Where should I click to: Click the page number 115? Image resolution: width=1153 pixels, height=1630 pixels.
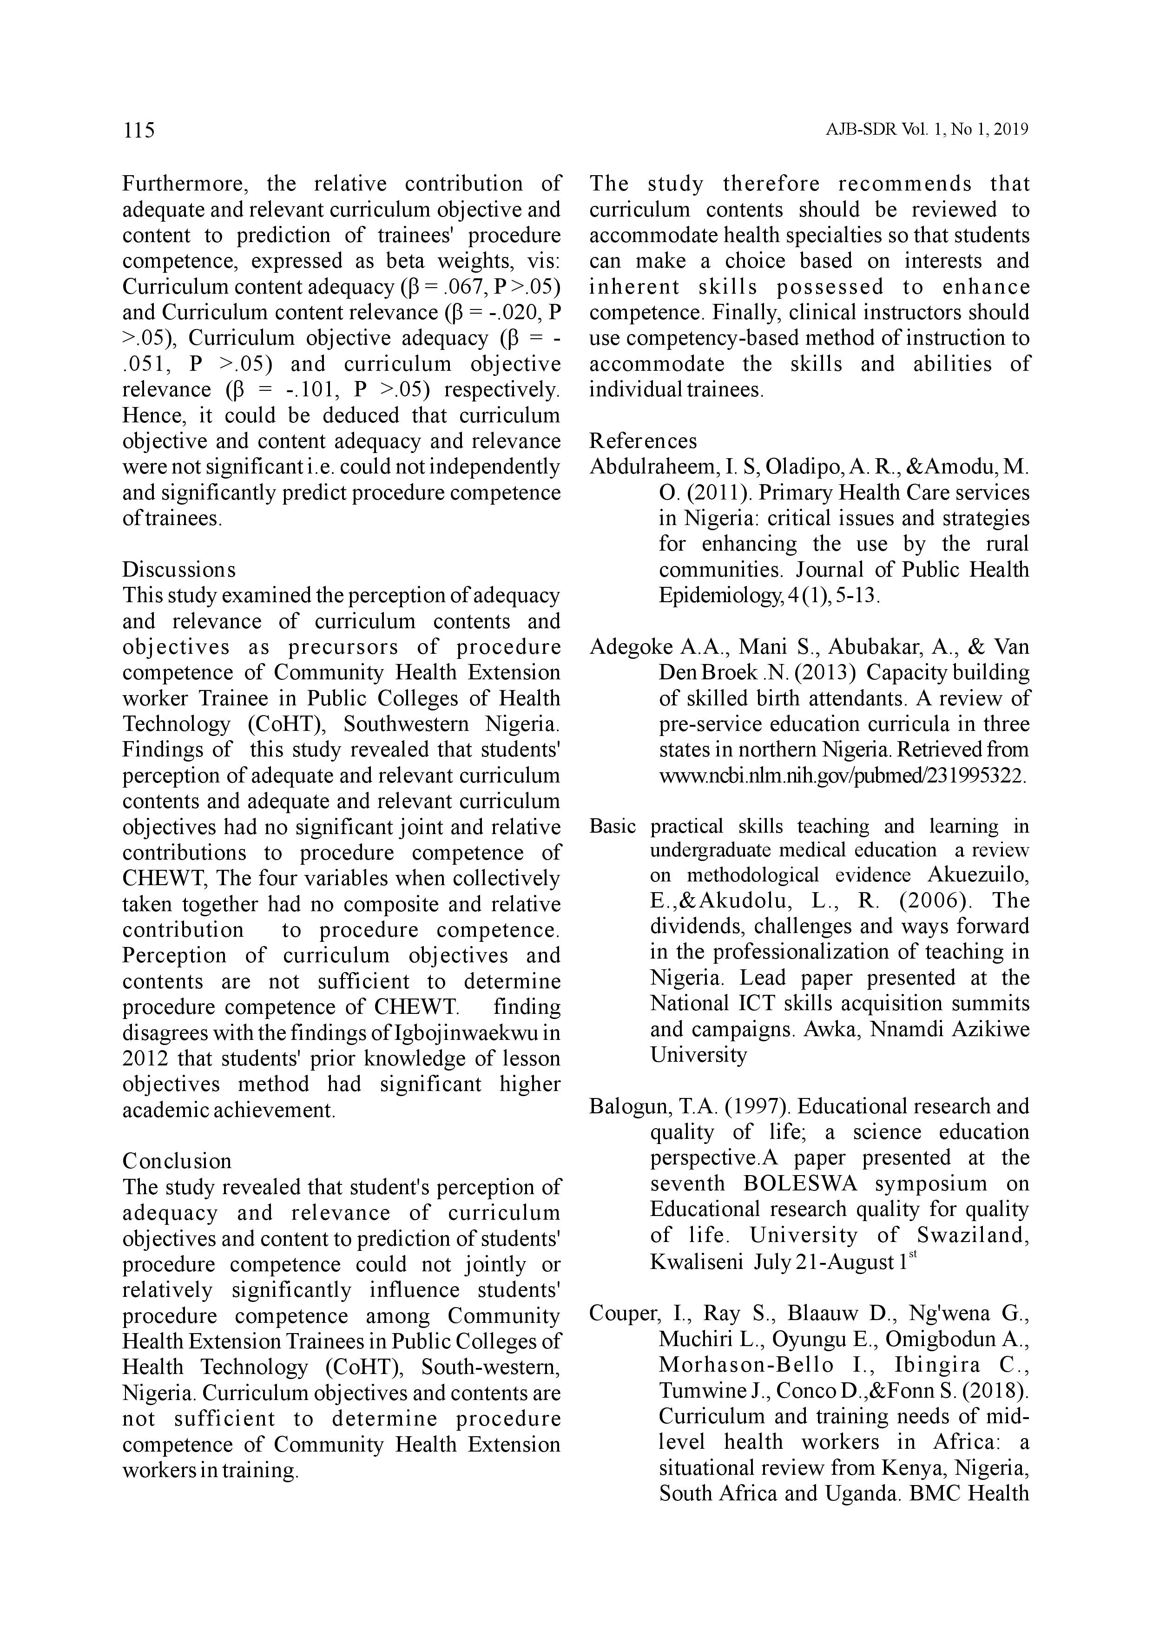[x=138, y=131]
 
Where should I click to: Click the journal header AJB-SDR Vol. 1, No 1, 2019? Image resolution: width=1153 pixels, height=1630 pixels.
[x=927, y=130]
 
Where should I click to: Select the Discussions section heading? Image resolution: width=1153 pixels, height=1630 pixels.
[x=179, y=569]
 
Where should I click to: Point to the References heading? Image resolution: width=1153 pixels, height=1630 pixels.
[x=643, y=441]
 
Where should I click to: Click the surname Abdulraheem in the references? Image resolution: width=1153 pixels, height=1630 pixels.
[x=652, y=467]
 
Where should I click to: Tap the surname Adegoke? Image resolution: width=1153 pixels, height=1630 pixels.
[x=631, y=647]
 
